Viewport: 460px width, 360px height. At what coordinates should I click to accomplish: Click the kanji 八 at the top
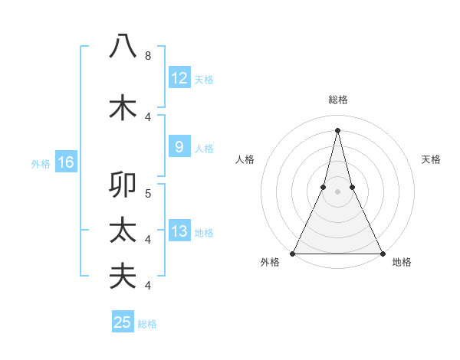click(x=123, y=46)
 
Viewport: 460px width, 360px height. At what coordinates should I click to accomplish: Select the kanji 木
click(x=123, y=107)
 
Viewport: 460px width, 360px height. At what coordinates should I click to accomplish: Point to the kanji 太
click(x=123, y=231)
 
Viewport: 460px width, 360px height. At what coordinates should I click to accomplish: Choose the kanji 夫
click(x=123, y=276)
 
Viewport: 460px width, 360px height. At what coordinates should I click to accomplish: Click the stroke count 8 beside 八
click(x=148, y=55)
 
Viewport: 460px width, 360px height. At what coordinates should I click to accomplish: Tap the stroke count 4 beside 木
click(x=148, y=116)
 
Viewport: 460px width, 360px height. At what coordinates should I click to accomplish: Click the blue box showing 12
click(x=179, y=77)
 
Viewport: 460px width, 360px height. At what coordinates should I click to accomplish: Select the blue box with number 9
click(x=179, y=147)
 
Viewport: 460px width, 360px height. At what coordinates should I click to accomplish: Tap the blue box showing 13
click(x=179, y=231)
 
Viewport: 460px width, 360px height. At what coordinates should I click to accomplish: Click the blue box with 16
click(x=66, y=162)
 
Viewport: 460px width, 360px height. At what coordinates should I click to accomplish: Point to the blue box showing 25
click(x=123, y=322)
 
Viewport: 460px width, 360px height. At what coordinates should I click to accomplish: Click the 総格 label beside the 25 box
click(x=147, y=324)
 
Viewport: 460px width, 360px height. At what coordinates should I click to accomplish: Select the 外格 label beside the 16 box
click(x=40, y=163)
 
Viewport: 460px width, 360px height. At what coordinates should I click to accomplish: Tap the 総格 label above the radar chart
click(x=337, y=100)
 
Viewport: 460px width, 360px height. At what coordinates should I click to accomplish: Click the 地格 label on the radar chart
click(x=402, y=262)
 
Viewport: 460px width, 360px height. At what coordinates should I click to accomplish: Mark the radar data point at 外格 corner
click(x=294, y=253)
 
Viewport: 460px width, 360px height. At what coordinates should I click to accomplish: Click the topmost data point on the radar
click(x=337, y=129)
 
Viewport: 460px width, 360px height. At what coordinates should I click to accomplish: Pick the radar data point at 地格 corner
click(x=382, y=253)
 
